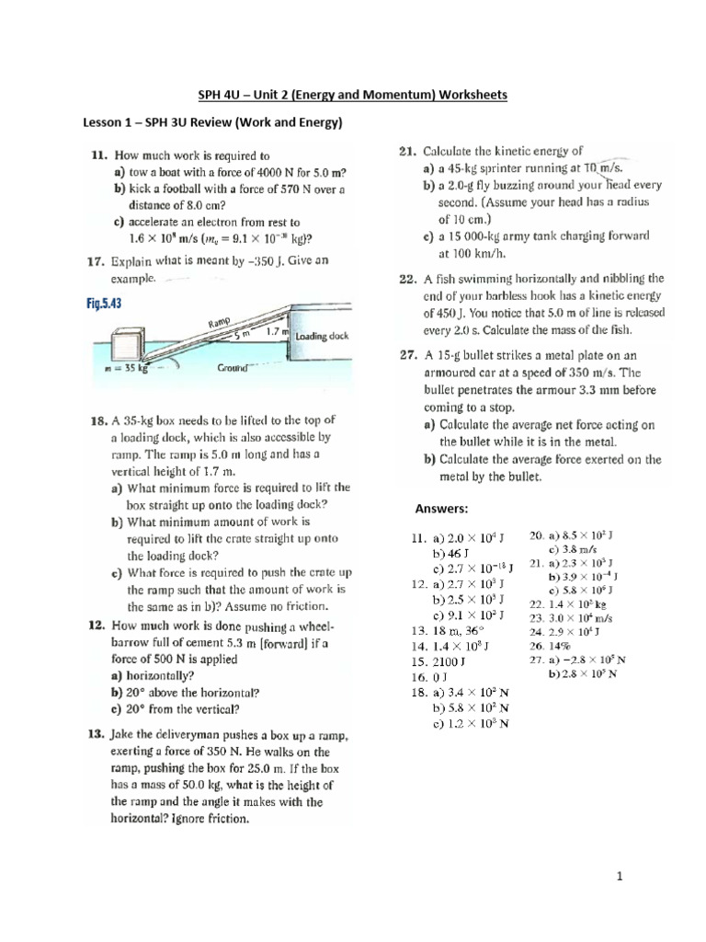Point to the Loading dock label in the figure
[321, 337]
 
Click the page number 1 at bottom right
[620, 877]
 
